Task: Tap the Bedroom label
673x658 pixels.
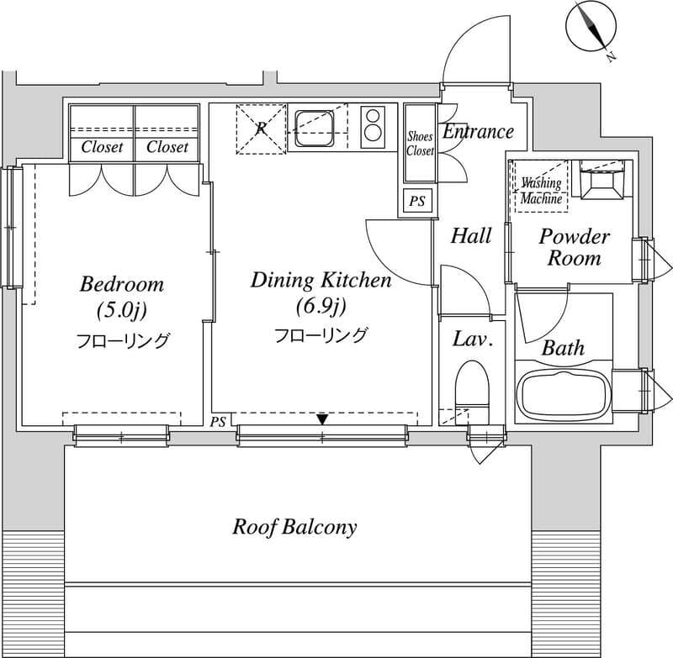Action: click(x=122, y=285)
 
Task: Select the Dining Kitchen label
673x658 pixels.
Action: click(x=321, y=281)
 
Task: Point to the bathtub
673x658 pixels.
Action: click(x=563, y=393)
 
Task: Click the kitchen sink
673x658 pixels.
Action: click(x=314, y=128)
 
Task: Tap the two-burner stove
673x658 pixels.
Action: click(x=372, y=127)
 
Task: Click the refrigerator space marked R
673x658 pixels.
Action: click(x=261, y=129)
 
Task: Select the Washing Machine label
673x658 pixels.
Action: click(x=541, y=191)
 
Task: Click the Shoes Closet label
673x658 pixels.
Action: click(x=420, y=144)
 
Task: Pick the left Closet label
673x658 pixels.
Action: click(x=102, y=147)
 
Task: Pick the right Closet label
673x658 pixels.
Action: click(x=167, y=147)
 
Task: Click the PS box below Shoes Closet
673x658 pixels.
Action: click(x=416, y=201)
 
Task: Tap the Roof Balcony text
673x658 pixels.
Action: click(x=294, y=527)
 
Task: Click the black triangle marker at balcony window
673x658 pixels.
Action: click(x=322, y=419)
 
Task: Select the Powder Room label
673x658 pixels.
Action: click(x=575, y=247)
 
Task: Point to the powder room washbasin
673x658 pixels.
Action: click(x=601, y=180)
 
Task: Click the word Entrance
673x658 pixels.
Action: click(x=478, y=131)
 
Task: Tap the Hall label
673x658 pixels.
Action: click(x=471, y=236)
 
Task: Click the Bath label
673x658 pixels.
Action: click(x=563, y=348)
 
